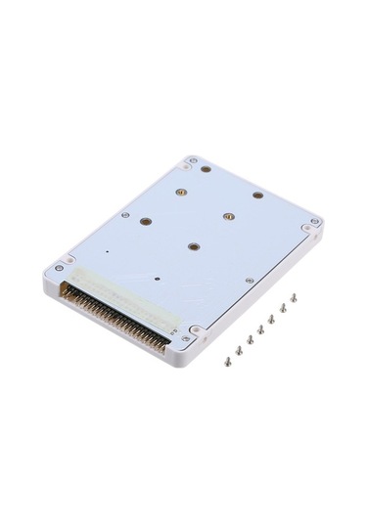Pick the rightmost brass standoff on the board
[257, 195]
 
